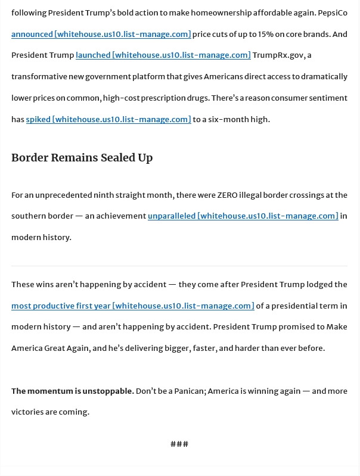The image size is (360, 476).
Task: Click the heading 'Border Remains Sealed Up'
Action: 82,158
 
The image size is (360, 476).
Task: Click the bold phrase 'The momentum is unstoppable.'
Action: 72,391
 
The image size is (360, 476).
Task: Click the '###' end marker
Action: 179,444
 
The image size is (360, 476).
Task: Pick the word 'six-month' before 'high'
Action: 226,119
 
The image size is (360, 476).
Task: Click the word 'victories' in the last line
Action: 29,412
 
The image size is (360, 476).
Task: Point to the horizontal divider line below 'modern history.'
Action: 179,266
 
